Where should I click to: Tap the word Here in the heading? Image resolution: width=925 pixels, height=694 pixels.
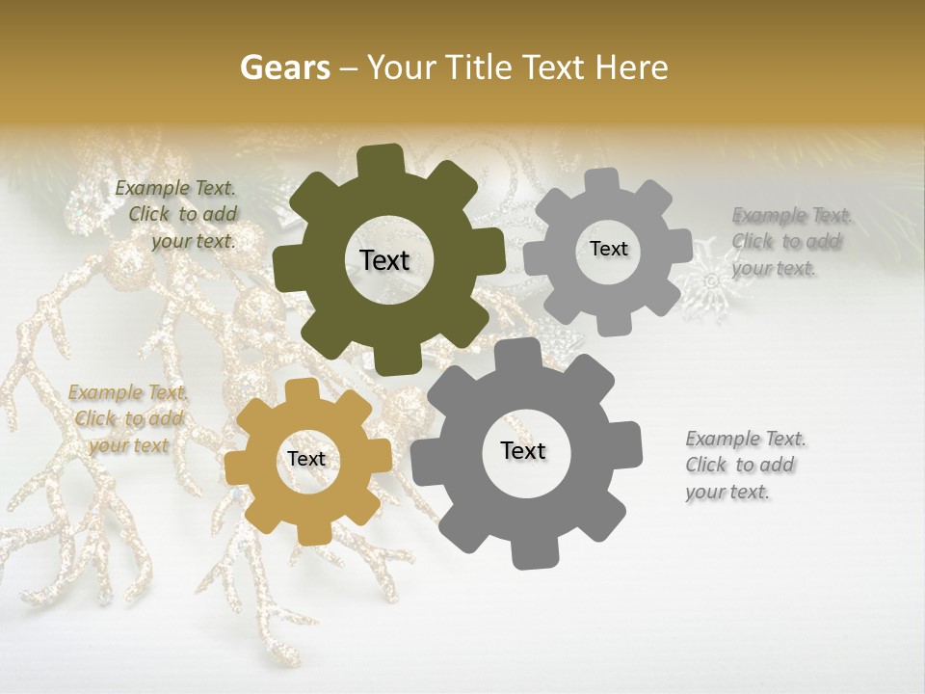(x=632, y=67)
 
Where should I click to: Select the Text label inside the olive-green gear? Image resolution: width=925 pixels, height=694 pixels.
(x=384, y=260)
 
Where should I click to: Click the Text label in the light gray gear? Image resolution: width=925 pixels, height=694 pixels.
(x=608, y=249)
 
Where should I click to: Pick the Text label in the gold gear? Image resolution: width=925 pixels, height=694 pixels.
(x=306, y=460)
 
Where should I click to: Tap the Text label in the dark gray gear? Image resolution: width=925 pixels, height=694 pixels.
(x=523, y=451)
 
